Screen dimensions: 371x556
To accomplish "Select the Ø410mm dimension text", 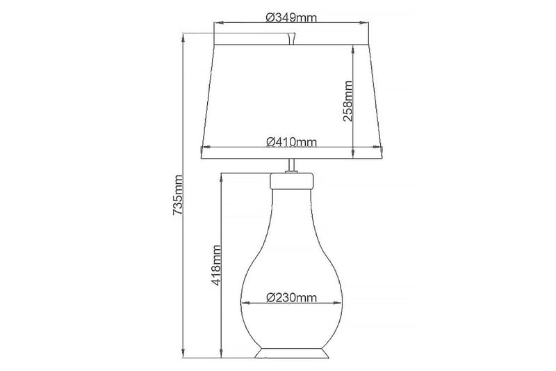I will [x=292, y=142].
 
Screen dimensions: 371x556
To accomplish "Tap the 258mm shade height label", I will [x=349, y=101].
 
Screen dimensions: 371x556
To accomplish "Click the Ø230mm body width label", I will [x=292, y=298].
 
